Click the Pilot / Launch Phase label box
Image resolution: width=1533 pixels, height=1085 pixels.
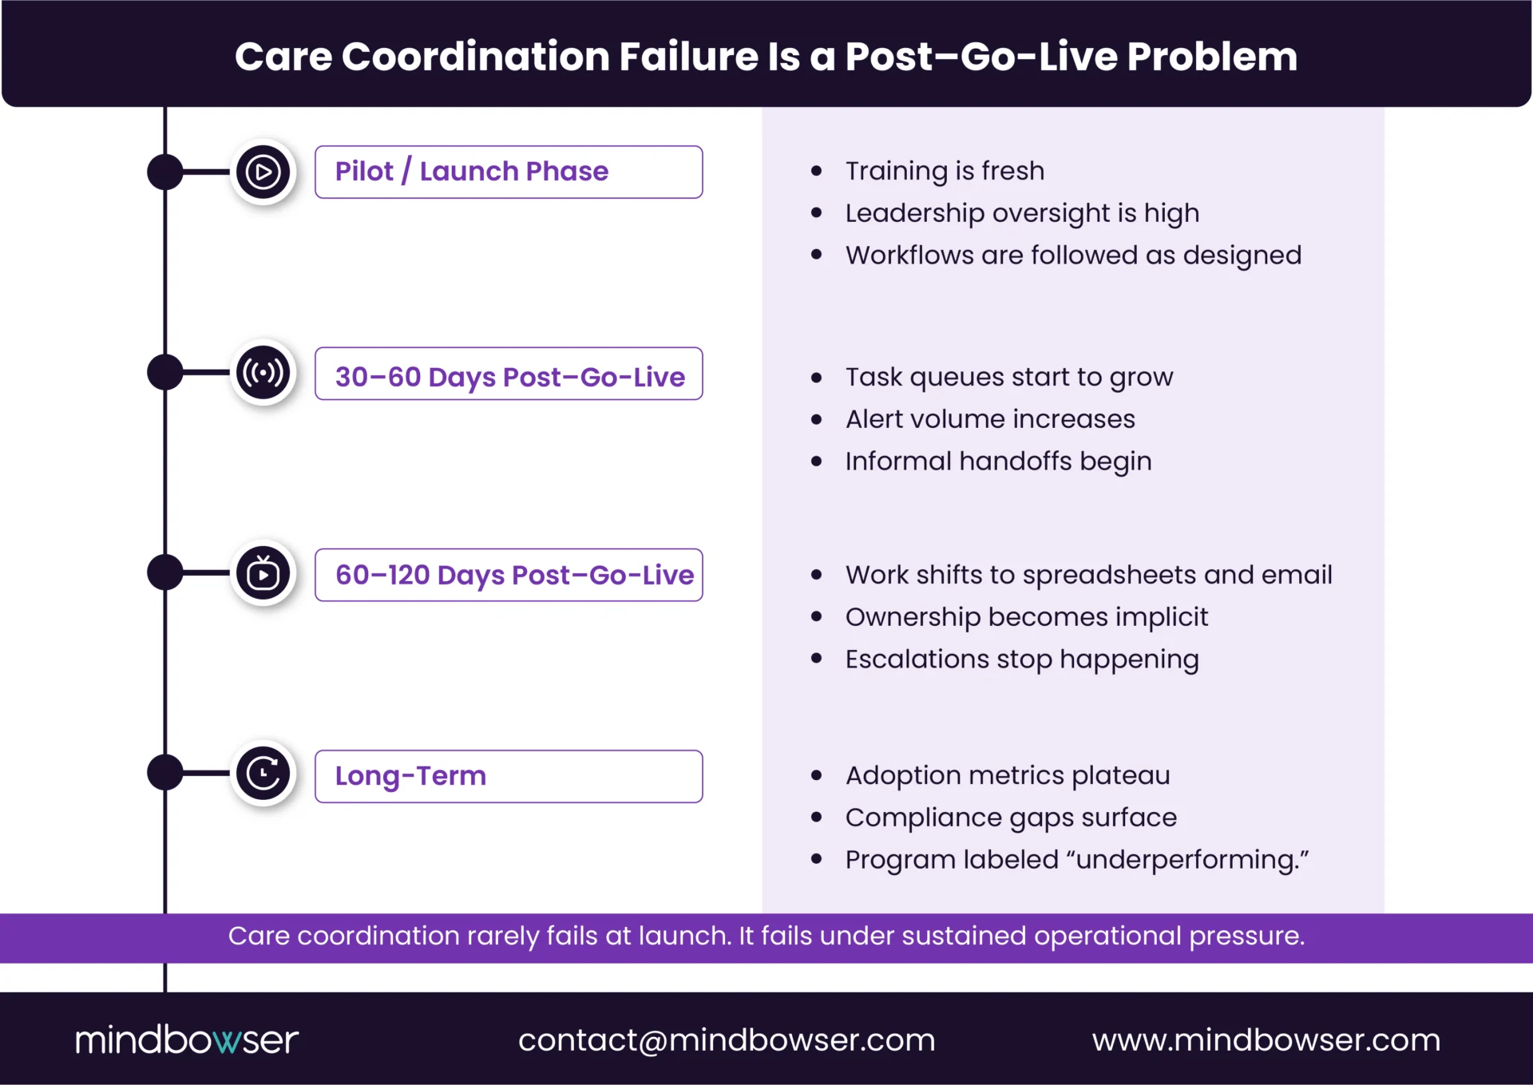[509, 172]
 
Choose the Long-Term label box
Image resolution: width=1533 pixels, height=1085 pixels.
[509, 776]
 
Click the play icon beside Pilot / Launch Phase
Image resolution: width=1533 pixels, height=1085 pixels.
[263, 172]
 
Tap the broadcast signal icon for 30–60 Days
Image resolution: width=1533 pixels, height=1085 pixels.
[263, 373]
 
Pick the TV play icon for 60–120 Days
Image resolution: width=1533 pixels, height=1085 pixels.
[263, 573]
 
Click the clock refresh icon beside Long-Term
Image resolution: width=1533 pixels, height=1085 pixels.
[263, 773]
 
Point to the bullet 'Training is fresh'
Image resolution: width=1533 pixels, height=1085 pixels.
[945, 171]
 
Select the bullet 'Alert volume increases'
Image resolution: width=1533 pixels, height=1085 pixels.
[990, 419]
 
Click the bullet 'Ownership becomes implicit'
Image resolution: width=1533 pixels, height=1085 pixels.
[1026, 617]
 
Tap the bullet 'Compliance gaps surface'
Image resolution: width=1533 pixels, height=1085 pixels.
[1011, 818]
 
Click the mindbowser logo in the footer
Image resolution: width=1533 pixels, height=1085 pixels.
[187, 1039]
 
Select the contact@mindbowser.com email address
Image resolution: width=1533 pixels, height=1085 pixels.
[726, 1039]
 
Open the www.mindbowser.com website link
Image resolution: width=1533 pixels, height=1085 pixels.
[1266, 1039]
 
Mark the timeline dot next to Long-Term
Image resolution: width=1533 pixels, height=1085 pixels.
[165, 773]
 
